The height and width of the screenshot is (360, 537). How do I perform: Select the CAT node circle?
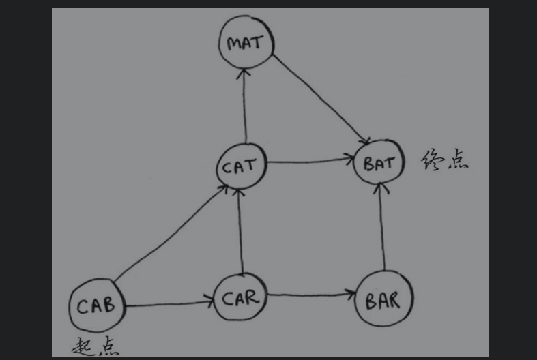(240, 166)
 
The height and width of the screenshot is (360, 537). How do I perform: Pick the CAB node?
(97, 305)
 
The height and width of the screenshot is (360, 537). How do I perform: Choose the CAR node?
(240, 298)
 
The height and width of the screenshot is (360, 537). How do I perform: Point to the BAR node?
(384, 299)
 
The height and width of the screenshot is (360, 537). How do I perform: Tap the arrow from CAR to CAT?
(240, 232)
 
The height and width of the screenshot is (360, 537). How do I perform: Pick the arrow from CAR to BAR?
(310, 295)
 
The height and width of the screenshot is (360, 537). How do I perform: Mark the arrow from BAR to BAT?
(381, 228)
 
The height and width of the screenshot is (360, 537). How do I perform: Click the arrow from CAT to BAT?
(310, 162)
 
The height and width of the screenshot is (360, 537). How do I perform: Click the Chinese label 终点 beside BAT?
(445, 162)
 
